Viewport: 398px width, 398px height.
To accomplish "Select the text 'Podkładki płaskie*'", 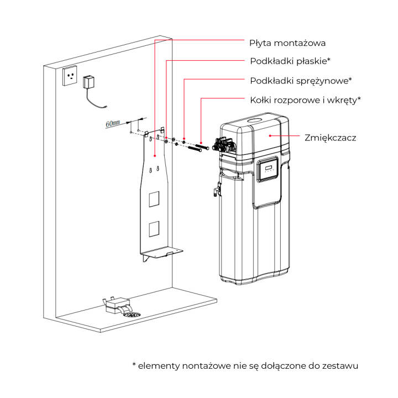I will (290, 61).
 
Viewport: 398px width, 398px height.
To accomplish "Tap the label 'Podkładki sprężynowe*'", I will (301, 80).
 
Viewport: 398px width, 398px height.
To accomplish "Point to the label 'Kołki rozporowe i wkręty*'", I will (305, 99).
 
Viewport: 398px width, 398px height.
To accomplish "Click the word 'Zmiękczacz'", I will (331, 137).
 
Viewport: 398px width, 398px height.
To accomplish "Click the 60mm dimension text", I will (113, 123).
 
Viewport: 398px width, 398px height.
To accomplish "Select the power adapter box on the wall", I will (89, 82).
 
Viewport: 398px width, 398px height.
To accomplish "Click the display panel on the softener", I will (268, 170).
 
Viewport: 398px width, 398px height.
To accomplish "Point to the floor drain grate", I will (133, 313).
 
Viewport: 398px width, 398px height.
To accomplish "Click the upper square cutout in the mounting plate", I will (155, 198).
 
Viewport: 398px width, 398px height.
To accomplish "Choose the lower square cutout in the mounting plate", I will (155, 228).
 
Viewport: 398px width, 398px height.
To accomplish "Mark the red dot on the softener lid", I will (269, 134).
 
